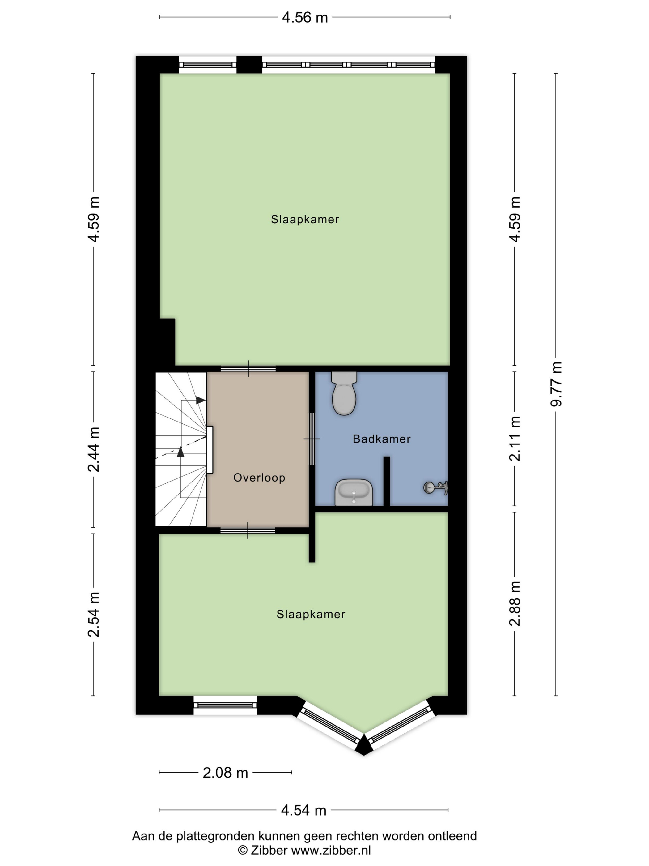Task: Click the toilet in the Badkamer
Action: [x=344, y=393]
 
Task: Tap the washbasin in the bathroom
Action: [x=354, y=492]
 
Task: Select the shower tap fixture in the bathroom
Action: [x=436, y=488]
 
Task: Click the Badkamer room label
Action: [x=381, y=439]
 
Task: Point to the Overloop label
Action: [x=259, y=478]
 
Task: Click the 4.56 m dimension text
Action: [x=305, y=18]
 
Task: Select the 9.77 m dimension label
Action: [x=556, y=384]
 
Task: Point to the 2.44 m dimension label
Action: [x=94, y=449]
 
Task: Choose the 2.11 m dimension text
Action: [x=515, y=439]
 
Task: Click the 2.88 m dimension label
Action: [x=515, y=603]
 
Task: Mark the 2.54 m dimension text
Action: [x=94, y=614]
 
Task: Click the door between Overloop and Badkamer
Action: [x=312, y=439]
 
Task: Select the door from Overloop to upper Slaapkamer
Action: [x=248, y=368]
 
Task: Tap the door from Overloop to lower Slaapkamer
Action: [x=248, y=530]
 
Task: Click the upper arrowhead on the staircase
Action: [x=201, y=400]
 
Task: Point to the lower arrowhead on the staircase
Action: [x=180, y=452]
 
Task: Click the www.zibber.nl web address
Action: [x=331, y=850]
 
